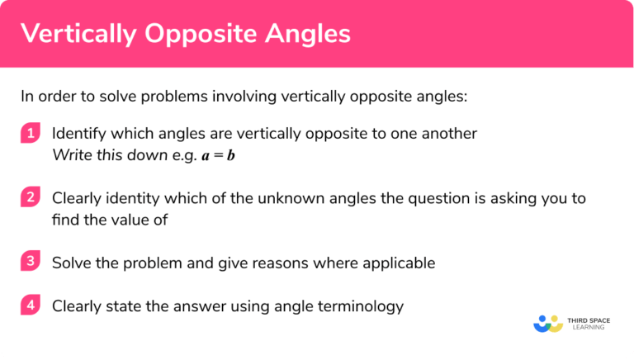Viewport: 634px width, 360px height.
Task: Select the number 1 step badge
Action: [31, 134]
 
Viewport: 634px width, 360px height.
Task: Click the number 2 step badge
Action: [31, 198]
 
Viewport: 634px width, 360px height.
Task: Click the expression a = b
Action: [218, 156]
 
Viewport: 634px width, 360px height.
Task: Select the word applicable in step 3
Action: [397, 263]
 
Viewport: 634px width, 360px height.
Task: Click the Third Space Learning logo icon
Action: [548, 323]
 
